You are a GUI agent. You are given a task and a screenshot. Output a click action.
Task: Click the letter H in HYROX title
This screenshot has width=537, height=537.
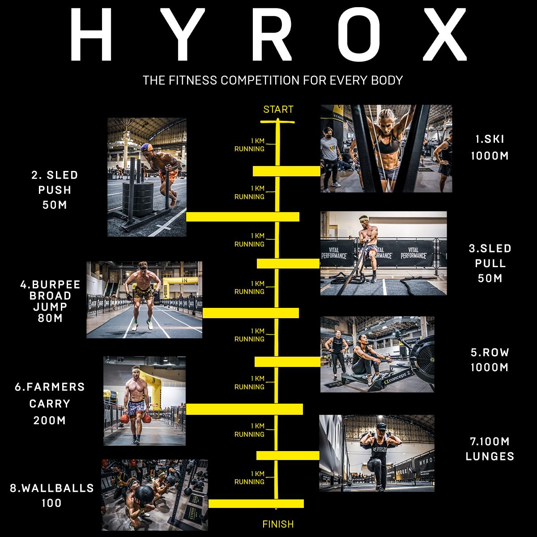point(91,35)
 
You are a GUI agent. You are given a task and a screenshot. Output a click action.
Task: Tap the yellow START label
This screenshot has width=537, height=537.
point(278,110)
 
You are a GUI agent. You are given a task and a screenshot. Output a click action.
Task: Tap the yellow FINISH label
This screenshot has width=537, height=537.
point(278,524)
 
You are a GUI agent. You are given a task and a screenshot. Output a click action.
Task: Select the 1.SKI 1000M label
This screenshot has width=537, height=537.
point(490,147)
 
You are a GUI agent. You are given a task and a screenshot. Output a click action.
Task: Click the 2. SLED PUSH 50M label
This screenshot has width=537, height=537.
point(55,190)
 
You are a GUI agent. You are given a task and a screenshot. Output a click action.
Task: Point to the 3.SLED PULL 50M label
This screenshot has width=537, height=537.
point(490,263)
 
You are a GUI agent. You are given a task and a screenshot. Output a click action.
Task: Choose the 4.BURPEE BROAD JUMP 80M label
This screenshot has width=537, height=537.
point(50,301)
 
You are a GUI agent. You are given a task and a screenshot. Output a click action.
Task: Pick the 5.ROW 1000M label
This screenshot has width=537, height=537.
point(490,360)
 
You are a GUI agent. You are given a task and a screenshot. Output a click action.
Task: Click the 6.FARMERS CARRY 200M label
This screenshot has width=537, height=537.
point(50,403)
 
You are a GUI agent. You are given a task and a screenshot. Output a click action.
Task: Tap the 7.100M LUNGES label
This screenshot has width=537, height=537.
point(490,449)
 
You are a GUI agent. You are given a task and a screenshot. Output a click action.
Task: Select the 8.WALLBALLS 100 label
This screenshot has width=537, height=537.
point(51,495)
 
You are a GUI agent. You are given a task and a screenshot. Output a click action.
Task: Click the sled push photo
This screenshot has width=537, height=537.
point(147,177)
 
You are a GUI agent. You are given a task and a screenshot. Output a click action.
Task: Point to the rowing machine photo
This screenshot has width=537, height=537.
point(377,354)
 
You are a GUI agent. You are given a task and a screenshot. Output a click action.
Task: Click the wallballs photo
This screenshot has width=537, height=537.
point(154,494)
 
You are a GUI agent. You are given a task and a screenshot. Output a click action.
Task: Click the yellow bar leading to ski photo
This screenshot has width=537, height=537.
point(286,171)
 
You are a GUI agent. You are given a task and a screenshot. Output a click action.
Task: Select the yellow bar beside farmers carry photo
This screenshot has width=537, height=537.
point(244,409)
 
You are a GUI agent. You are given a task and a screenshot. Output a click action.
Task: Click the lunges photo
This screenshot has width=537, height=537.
point(376,453)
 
